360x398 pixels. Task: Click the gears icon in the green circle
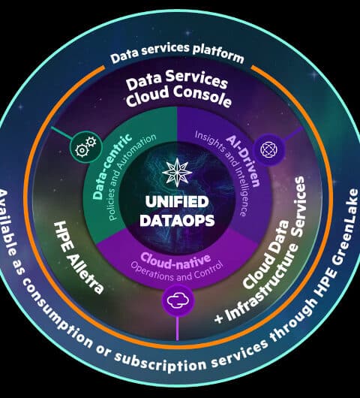click(x=85, y=146)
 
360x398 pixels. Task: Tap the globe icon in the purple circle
click(x=269, y=149)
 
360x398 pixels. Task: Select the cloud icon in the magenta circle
click(x=178, y=300)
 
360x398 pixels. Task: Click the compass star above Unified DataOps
click(x=177, y=170)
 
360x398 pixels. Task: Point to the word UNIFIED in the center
click(x=177, y=201)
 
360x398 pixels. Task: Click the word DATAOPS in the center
click(x=177, y=220)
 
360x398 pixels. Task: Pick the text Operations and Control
click(x=177, y=271)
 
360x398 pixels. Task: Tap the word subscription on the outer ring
click(x=160, y=361)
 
